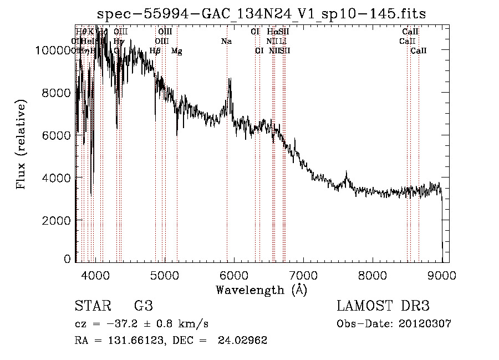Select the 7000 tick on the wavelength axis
[303, 274]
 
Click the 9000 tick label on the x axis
[442, 274]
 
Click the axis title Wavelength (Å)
[261, 290]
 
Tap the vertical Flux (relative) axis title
[22, 145]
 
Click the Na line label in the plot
[226, 41]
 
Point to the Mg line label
[176, 51]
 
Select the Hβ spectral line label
[155, 51]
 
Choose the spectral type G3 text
[143, 306]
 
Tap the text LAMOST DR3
[383, 306]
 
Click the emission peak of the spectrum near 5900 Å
[230, 80]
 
